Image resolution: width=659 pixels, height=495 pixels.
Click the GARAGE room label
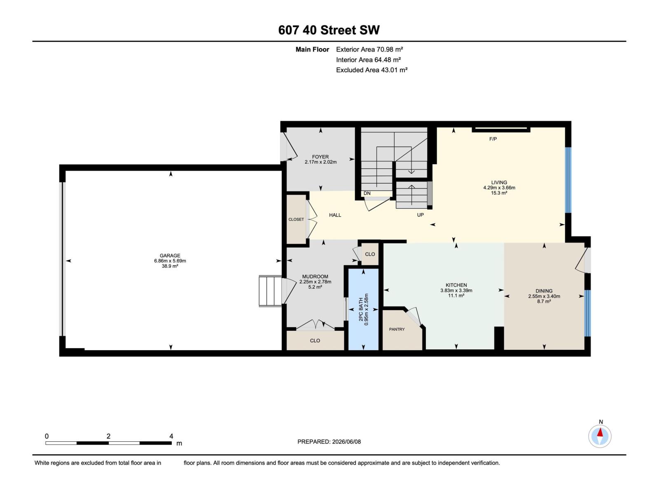(x=170, y=255)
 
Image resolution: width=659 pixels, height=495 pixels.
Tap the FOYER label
(x=320, y=157)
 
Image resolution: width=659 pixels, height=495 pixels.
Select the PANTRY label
(x=397, y=329)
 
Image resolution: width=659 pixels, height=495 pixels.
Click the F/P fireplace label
(x=493, y=139)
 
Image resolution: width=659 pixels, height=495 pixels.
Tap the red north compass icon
(x=600, y=436)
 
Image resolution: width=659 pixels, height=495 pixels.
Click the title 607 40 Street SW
(x=329, y=30)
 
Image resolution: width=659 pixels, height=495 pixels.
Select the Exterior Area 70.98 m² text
(x=369, y=49)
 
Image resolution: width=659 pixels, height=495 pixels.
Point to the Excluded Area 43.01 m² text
(x=372, y=70)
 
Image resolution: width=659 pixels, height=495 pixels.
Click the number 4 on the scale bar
(x=171, y=436)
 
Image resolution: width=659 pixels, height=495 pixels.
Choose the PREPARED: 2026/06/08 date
(x=329, y=441)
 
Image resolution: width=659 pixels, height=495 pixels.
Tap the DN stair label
(x=367, y=193)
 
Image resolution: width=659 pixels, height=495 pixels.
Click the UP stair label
(x=421, y=215)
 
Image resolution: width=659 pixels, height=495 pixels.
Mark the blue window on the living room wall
(x=568, y=180)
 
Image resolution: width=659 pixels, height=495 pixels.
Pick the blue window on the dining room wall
(x=588, y=313)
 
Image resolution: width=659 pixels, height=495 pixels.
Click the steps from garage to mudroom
(x=270, y=291)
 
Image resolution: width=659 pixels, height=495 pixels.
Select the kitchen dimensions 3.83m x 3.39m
(x=456, y=290)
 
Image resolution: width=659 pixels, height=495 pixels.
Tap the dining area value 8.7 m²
(x=544, y=302)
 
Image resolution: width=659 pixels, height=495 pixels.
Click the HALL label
(x=335, y=215)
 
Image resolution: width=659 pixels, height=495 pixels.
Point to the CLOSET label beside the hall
(x=296, y=219)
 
